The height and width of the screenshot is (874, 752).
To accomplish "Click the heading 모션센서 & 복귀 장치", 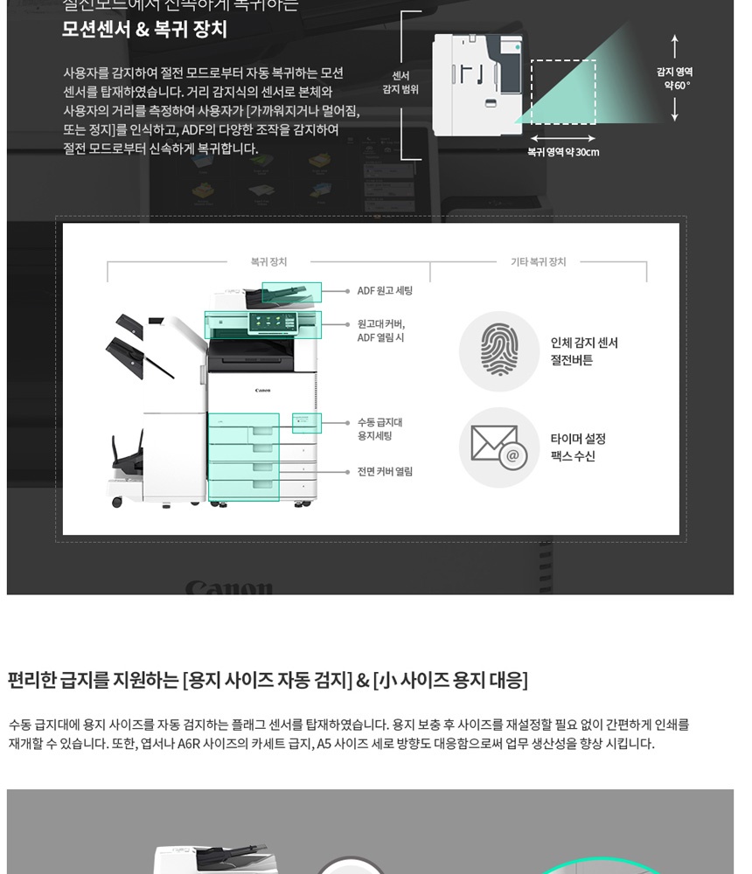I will [144, 29].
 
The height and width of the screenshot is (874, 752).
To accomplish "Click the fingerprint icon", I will [499, 351].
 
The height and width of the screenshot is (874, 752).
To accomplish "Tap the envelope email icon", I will [499, 447].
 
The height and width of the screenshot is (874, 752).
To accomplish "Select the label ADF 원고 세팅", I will [385, 291].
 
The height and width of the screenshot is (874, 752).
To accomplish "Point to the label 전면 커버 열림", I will [385, 472].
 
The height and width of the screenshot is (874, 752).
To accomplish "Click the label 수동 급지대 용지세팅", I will [379, 429].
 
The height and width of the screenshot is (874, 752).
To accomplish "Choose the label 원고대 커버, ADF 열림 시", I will [381, 330].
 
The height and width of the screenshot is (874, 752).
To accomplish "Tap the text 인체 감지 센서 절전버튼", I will [584, 351].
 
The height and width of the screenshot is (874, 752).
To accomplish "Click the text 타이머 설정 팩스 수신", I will [578, 447].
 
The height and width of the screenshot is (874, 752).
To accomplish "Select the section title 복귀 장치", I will [268, 261].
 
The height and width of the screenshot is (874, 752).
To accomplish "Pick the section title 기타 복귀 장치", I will [538, 261].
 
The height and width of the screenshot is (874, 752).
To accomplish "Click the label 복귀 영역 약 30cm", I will [563, 152].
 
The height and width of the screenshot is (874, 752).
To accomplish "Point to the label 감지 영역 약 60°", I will [674, 79].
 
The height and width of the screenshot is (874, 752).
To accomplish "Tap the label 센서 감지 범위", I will [400, 83].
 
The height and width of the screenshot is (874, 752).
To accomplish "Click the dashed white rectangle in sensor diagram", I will [563, 92].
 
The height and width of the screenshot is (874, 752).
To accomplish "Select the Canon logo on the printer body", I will [262, 391].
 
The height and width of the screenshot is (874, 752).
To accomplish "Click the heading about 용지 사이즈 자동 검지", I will [268, 680].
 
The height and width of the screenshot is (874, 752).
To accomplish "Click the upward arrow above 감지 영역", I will [674, 46].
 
